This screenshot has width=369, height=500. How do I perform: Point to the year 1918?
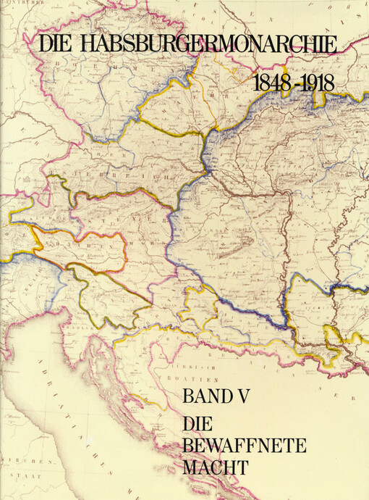pyautogui.click(x=317, y=82)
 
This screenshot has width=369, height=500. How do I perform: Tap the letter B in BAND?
pyautogui.click(x=189, y=396)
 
